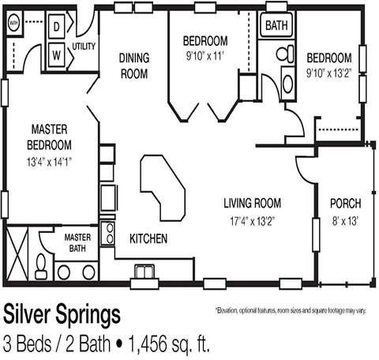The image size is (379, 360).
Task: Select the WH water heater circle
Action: click(13, 24)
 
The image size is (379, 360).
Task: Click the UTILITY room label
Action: click(84, 47)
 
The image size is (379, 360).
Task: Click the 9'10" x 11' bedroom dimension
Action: click(205, 55)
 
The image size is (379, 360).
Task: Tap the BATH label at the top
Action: click(276, 25)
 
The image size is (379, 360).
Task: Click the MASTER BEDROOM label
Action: click(51, 136)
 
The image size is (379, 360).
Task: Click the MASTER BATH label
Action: click(77, 242)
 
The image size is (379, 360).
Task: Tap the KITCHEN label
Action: click(148, 238)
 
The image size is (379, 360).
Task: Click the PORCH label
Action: click(344, 203)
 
